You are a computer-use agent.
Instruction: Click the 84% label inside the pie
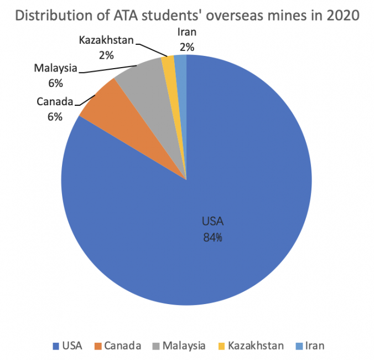click(212, 238)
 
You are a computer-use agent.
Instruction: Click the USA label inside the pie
click(212, 223)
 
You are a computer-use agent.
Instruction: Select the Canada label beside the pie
click(55, 102)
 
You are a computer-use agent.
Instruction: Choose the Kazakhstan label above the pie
click(107, 40)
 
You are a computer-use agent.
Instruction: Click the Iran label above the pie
click(186, 33)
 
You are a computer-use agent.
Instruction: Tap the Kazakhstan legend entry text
click(256, 346)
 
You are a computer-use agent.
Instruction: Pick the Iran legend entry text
click(314, 346)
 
